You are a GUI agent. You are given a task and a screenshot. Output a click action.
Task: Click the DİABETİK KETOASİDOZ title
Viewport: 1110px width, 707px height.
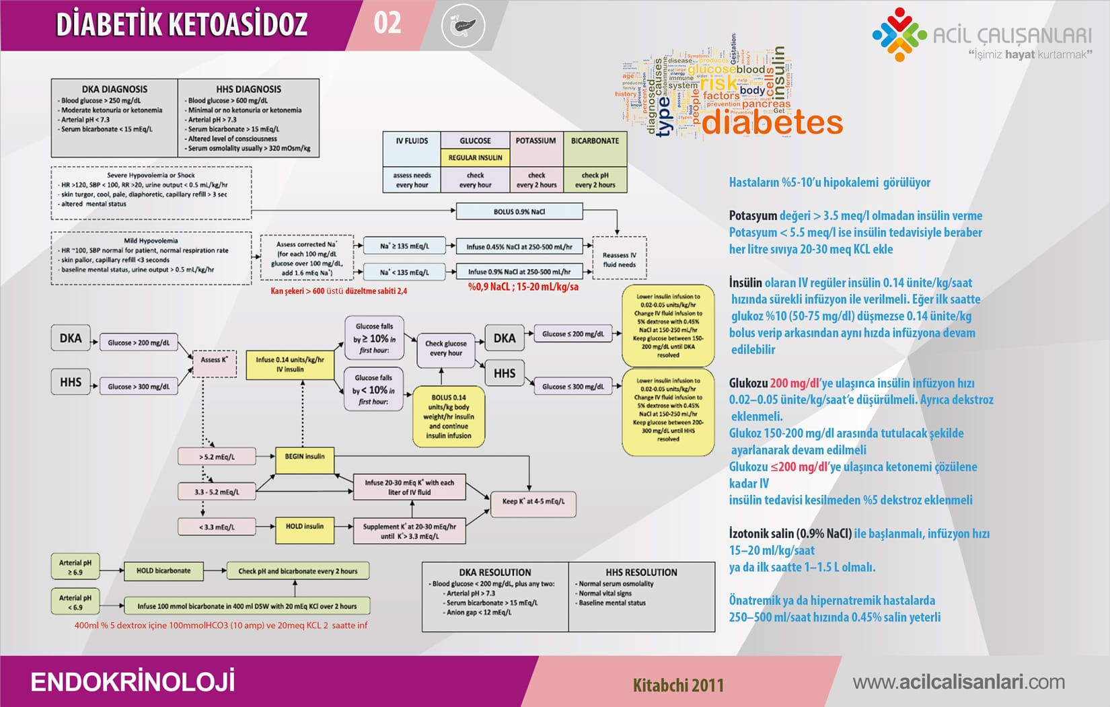pyautogui.click(x=182, y=24)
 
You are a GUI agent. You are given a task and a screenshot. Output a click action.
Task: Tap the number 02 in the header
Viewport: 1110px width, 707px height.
pyautogui.click(x=387, y=23)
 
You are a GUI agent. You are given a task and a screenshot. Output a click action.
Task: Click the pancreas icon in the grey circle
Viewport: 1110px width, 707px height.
pyautogui.click(x=464, y=26)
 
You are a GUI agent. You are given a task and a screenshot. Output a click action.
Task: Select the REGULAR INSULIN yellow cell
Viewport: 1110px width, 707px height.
pyautogui.click(x=475, y=157)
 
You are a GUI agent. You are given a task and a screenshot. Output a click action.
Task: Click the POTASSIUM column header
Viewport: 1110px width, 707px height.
pyautogui.click(x=535, y=141)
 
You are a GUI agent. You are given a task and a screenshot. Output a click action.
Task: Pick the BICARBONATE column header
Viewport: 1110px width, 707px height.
pyautogui.click(x=595, y=141)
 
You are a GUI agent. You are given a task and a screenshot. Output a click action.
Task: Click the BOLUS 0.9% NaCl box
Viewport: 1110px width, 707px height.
pyautogui.click(x=519, y=212)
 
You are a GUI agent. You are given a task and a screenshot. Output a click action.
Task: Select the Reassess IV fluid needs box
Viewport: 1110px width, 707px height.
pyautogui.click(x=619, y=260)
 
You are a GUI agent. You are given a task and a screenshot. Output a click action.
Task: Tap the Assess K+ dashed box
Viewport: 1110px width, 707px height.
pyautogui.click(x=214, y=361)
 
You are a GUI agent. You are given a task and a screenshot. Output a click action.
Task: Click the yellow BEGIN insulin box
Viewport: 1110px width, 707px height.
pyautogui.click(x=304, y=457)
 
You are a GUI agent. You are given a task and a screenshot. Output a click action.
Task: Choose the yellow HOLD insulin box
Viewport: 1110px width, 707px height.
pyautogui.click(x=304, y=527)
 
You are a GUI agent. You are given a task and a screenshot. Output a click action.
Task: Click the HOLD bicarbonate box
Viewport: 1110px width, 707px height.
pyautogui.click(x=163, y=571)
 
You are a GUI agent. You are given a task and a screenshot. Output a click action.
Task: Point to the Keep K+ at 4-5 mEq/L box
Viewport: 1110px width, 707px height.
pyautogui.click(x=533, y=501)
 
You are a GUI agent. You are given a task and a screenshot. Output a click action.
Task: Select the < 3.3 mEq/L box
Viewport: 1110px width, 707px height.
pyautogui.click(x=217, y=527)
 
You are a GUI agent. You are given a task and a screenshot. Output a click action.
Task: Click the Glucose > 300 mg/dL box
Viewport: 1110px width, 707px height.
pyautogui.click(x=139, y=387)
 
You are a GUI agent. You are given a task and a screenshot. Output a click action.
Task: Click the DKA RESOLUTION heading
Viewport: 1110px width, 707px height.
pyautogui.click(x=495, y=572)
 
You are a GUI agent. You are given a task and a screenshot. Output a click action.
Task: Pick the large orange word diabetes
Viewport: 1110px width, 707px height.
pyautogui.click(x=772, y=123)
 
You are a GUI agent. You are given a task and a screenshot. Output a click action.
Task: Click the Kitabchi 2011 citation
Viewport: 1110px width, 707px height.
pyautogui.click(x=678, y=685)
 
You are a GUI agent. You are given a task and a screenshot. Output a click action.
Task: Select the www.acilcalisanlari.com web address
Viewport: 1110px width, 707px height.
pyautogui.click(x=959, y=682)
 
